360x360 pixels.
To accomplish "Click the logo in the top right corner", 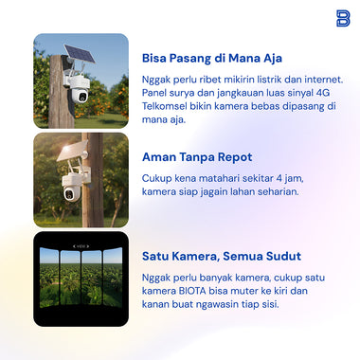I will point(342,18).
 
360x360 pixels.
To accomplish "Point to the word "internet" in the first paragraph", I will point(321,78).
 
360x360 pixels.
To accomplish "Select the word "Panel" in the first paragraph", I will point(156,95).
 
